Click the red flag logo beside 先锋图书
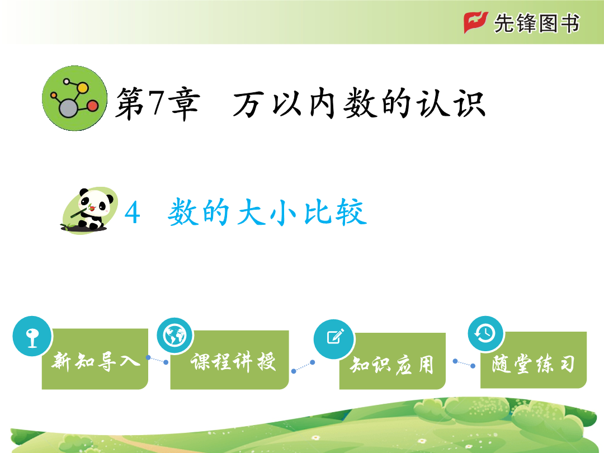[x=476, y=22]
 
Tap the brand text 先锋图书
[x=536, y=23]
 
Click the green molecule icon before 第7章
[x=75, y=98]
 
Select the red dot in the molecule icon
[x=92, y=106]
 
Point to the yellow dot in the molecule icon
[x=82, y=88]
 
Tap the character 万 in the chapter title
[x=248, y=104]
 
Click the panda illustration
[x=89, y=210]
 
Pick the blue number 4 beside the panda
[x=132, y=213]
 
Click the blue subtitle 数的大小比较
[x=267, y=211]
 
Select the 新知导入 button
[x=95, y=359]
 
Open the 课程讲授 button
[x=230, y=360]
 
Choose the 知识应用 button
[x=393, y=361]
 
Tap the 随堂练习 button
[x=534, y=360]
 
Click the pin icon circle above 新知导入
[x=32, y=336]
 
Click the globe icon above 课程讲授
[x=175, y=336]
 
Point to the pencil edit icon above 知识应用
[x=334, y=339]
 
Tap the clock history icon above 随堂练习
[x=486, y=333]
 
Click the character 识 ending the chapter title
[x=469, y=103]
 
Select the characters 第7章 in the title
[x=158, y=103]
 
